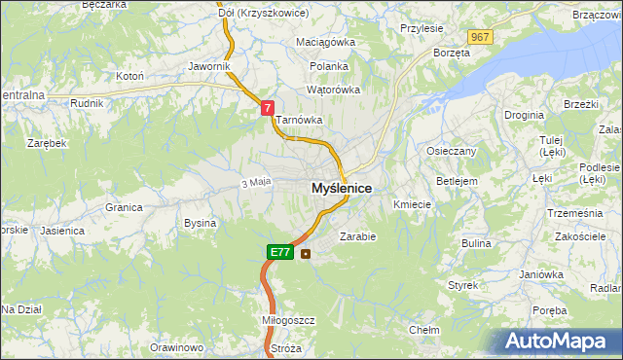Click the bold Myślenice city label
[341, 188]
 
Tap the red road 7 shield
[267, 111]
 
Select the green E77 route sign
[279, 252]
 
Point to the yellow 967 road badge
[479, 37]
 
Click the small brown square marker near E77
[307, 254]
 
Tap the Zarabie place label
[357, 235]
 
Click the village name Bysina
[200, 223]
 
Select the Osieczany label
[451, 151]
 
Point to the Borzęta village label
[452, 53]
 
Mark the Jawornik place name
[208, 66]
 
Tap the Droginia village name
[524, 115]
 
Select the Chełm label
[424, 330]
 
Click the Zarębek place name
[47, 143]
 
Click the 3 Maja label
[254, 182]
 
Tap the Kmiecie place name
[412, 204]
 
